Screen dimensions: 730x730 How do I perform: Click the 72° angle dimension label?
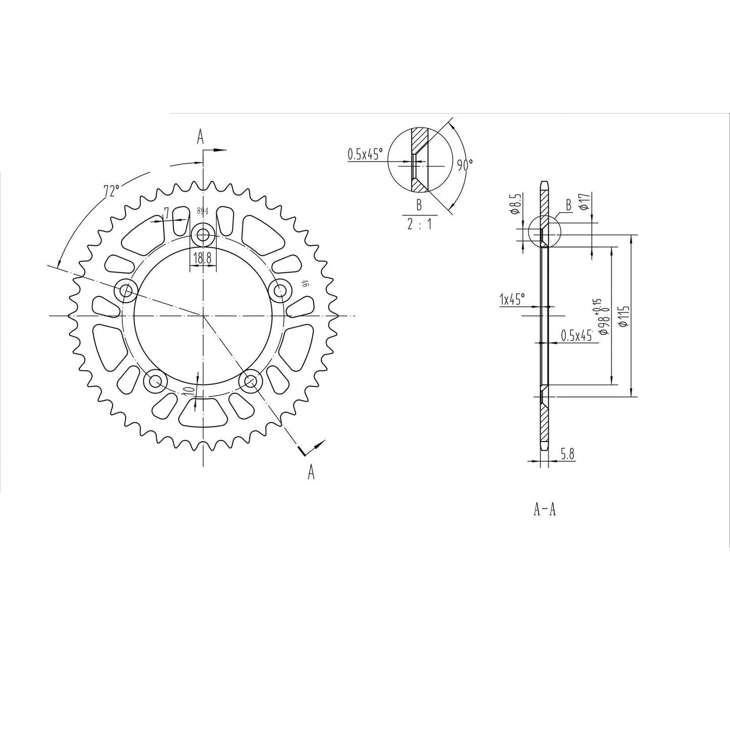point(112,191)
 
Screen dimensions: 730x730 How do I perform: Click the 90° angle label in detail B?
point(464,165)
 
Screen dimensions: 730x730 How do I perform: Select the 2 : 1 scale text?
point(419,225)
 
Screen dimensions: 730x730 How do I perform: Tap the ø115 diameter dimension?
point(626,316)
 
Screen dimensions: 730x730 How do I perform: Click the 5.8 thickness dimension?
point(567,454)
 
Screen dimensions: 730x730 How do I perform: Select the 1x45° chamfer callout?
point(512,300)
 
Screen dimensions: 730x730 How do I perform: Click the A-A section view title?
point(545,510)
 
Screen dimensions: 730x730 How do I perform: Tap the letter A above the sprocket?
point(201,136)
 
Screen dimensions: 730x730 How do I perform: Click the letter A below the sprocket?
point(311,472)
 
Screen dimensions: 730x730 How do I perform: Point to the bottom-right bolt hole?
point(251,382)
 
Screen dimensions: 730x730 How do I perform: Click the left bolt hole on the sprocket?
point(126,291)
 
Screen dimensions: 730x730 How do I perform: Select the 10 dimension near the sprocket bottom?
point(189,390)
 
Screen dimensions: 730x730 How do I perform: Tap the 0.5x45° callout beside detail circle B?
point(365,154)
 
